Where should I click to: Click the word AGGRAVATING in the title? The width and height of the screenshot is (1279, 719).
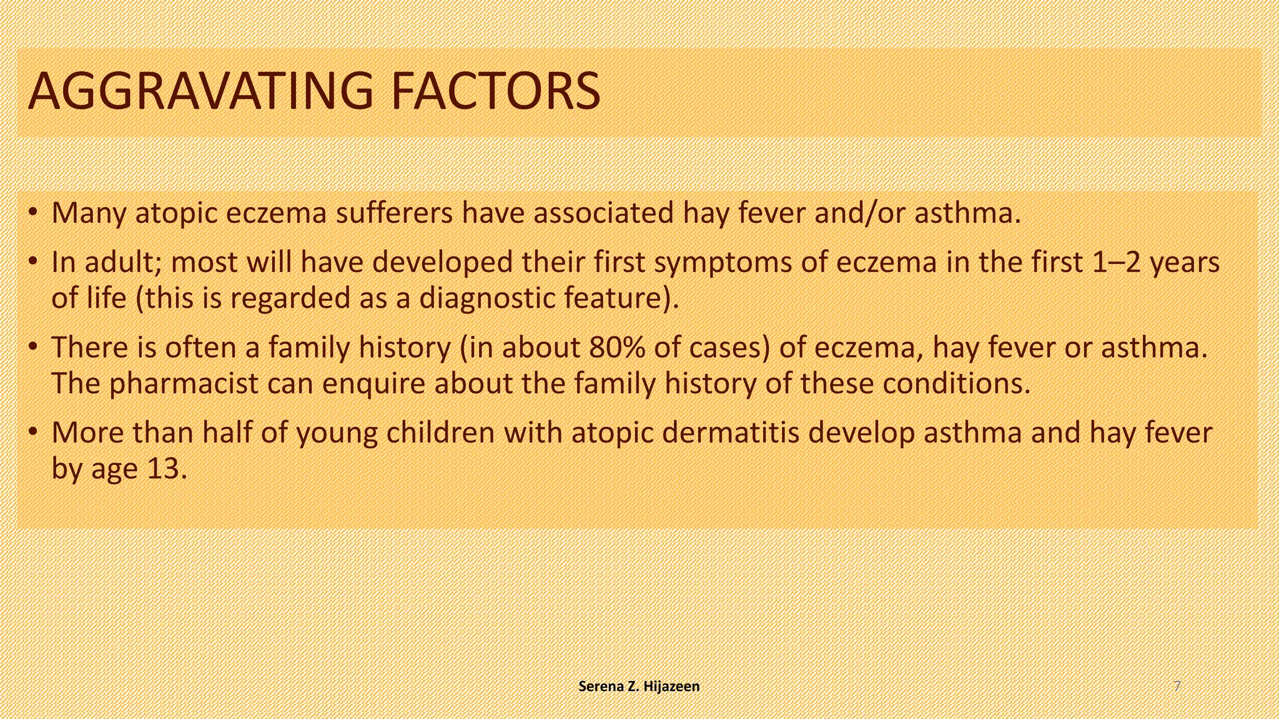pyautogui.click(x=200, y=92)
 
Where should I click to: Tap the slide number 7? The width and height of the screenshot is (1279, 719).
pyautogui.click(x=1177, y=687)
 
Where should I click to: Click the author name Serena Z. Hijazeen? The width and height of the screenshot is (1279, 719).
pyautogui.click(x=639, y=687)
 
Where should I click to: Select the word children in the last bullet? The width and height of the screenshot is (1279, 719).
pyautogui.click(x=441, y=433)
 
